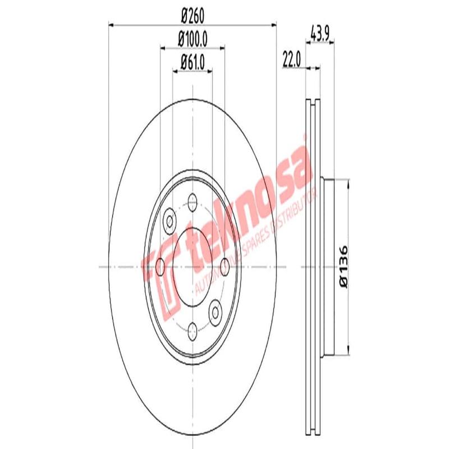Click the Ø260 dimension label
pyautogui.click(x=192, y=16)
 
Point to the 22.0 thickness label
pyautogui.click(x=292, y=58)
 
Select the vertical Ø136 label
pyautogui.click(x=344, y=267)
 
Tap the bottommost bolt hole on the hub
pyautogui.click(x=193, y=330)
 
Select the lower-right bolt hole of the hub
pyautogui.click(x=216, y=309)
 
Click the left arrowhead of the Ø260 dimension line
pyautogui.click(x=111, y=24)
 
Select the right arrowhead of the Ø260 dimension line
pyautogui.click(x=274, y=24)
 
